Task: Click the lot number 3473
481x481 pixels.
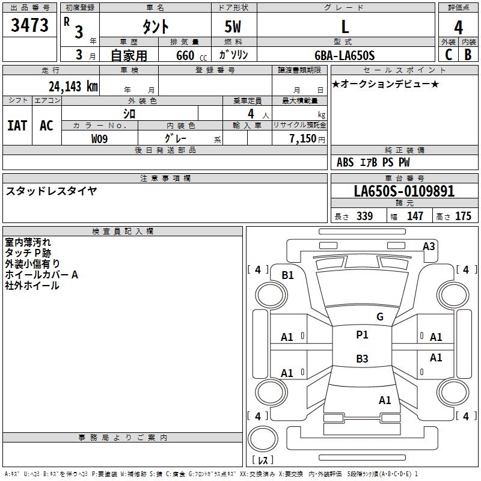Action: (x=29, y=25)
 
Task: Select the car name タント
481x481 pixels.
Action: (x=155, y=26)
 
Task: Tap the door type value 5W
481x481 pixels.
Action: (x=233, y=26)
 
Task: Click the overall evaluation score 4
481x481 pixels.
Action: (x=458, y=28)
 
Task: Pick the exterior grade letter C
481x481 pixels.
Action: (x=449, y=55)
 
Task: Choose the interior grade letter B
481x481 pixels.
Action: (x=468, y=55)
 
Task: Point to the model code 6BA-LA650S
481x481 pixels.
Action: (x=345, y=55)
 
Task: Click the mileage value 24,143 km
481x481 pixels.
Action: (x=73, y=86)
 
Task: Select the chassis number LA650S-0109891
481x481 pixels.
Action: (x=404, y=191)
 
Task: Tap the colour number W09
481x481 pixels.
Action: (x=99, y=139)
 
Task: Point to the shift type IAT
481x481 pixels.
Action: (x=17, y=126)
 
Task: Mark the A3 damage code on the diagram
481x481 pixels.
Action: (x=429, y=247)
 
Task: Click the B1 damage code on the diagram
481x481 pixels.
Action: (x=288, y=275)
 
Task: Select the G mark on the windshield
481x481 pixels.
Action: (x=380, y=316)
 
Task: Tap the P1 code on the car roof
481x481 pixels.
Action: (x=362, y=335)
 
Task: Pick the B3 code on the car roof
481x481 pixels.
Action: (x=362, y=358)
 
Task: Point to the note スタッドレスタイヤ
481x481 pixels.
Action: (x=51, y=191)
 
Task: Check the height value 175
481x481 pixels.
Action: (x=463, y=216)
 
